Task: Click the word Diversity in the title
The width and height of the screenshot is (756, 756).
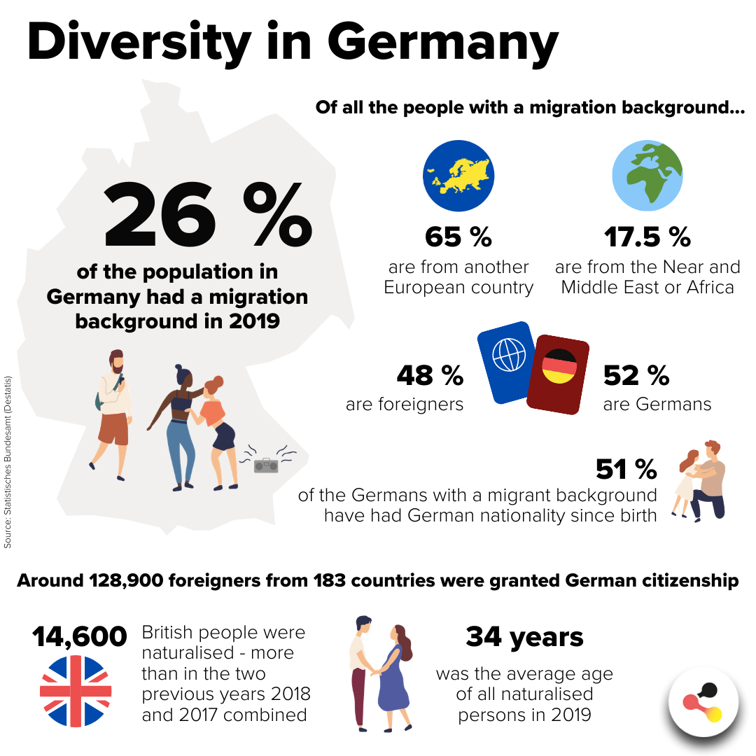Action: pyautogui.click(x=139, y=43)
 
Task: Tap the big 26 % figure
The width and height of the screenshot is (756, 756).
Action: pyautogui.click(x=208, y=214)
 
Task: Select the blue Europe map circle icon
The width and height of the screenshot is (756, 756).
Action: pyautogui.click(x=458, y=176)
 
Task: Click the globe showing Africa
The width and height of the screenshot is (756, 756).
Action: pyautogui.click(x=647, y=176)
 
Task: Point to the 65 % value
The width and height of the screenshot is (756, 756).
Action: pyautogui.click(x=458, y=237)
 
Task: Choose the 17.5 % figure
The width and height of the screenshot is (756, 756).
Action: pyautogui.click(x=647, y=237)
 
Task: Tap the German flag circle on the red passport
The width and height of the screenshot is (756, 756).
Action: pyautogui.click(x=559, y=366)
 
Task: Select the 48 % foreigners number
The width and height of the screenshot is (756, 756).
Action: pyautogui.click(x=430, y=376)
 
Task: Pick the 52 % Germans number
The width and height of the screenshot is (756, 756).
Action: pyautogui.click(x=636, y=376)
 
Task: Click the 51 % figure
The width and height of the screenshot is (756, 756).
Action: pyautogui.click(x=626, y=469)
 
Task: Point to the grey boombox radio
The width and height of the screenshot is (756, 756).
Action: pyautogui.click(x=266, y=465)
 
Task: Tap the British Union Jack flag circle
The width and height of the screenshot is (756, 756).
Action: pyautogui.click(x=76, y=691)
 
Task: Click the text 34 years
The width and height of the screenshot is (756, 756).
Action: pyautogui.click(x=524, y=637)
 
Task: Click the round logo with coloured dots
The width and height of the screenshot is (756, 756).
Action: pyautogui.click(x=703, y=702)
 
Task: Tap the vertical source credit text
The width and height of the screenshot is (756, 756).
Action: pyautogui.click(x=7, y=462)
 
